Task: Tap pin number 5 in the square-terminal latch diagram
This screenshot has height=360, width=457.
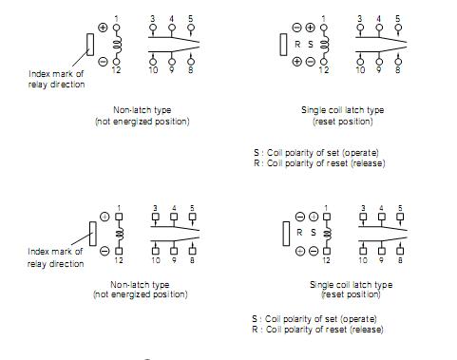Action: coord(397,207)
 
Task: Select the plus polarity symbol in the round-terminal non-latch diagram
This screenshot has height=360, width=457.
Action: coord(103,27)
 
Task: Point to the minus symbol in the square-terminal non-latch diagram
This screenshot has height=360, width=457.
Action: coord(103,250)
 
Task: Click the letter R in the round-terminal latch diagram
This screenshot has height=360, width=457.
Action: coord(297,44)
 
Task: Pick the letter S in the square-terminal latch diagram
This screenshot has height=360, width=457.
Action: coord(312,232)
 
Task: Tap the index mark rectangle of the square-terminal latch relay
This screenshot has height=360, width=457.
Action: coord(286,232)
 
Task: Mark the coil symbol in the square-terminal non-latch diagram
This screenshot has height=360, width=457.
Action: coord(120,232)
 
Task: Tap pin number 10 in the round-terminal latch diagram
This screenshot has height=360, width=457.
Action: coord(359,70)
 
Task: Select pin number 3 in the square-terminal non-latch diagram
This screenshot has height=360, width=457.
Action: coord(154,207)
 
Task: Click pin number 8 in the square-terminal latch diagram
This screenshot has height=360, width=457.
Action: coord(397,258)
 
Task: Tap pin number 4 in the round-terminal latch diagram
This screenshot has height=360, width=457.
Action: coord(378,17)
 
